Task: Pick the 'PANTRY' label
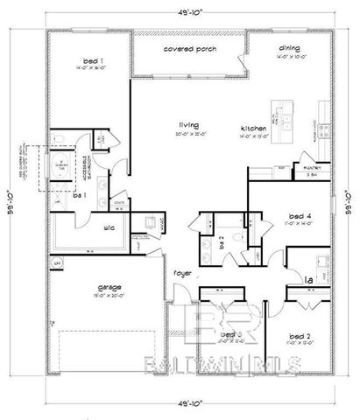click(x=311, y=168)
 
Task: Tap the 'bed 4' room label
click(x=301, y=216)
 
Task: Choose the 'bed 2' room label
click(x=301, y=335)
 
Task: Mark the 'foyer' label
click(x=181, y=272)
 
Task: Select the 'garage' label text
click(x=108, y=287)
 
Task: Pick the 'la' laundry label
click(x=308, y=280)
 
